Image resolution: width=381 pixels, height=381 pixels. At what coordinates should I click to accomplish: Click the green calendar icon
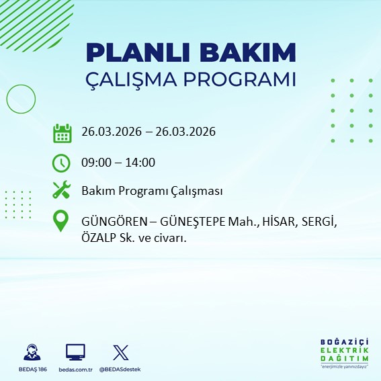(x=62, y=132)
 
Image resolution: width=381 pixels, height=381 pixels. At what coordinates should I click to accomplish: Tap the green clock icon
(x=62, y=162)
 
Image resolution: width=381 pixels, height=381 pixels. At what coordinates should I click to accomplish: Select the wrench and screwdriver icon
(x=62, y=191)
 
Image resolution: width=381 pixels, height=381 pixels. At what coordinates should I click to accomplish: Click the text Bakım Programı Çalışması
(x=152, y=192)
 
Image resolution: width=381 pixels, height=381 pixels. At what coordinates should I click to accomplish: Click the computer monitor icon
(x=75, y=352)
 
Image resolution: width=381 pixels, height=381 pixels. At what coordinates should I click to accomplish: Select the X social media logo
(x=120, y=352)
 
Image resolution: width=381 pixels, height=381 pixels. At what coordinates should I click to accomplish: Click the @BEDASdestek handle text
(x=120, y=370)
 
